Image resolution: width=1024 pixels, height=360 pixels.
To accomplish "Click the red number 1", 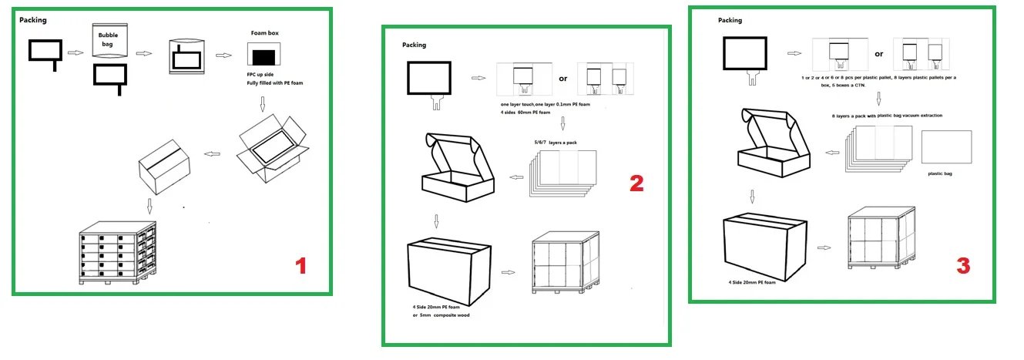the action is (x=301, y=266).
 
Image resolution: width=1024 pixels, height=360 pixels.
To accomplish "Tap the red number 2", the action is (x=636, y=183).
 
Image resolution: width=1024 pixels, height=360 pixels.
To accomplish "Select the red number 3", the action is (x=963, y=266).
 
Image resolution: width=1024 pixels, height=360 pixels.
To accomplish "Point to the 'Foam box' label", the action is (x=264, y=34).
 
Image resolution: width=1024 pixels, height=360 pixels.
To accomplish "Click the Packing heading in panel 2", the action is (x=414, y=45).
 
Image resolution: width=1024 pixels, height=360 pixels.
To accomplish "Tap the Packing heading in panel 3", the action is (x=730, y=21).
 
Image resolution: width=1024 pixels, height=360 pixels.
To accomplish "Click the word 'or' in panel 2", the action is (x=563, y=79).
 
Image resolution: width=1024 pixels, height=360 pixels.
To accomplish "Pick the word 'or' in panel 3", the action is (x=879, y=54).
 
